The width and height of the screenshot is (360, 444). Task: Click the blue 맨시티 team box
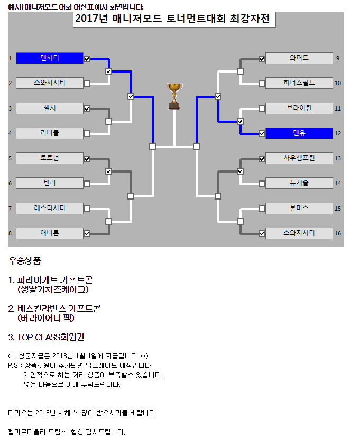(x=50, y=58)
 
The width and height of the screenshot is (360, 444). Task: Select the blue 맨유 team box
(x=299, y=133)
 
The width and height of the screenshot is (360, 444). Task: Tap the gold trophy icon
(x=174, y=96)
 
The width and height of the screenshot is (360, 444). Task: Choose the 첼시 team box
(x=50, y=108)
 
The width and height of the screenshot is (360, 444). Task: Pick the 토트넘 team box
(x=50, y=158)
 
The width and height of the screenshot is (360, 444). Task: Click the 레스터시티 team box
(x=50, y=209)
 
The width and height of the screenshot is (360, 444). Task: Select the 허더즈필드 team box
(x=299, y=83)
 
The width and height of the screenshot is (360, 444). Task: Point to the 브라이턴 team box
(x=299, y=108)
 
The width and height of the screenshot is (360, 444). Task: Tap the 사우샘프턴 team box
(x=299, y=158)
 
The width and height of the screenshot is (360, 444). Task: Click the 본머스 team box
(x=299, y=209)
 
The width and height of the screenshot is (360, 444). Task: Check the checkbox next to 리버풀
(x=87, y=134)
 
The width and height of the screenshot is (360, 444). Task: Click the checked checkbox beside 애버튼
(x=87, y=233)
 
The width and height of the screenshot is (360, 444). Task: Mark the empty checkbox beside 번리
(x=87, y=184)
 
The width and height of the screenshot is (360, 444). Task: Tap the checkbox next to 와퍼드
(x=262, y=59)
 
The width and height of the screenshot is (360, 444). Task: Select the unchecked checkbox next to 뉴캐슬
(x=262, y=184)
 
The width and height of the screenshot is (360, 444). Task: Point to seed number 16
(x=338, y=233)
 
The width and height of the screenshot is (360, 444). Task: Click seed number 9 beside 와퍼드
(x=338, y=58)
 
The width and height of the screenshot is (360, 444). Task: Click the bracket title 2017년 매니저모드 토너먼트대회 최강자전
(x=172, y=19)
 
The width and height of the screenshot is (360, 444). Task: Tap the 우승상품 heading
(x=25, y=260)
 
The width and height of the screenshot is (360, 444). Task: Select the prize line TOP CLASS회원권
(x=46, y=337)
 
